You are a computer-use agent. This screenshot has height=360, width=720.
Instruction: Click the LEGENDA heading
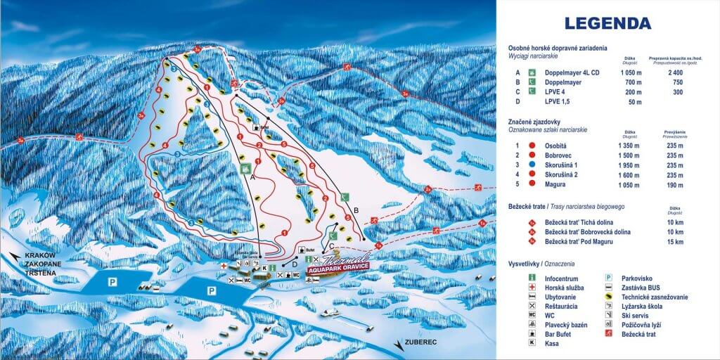[608, 22]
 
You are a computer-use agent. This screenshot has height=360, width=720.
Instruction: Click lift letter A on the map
[251, 178]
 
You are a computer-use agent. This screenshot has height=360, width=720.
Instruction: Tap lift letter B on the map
[356, 210]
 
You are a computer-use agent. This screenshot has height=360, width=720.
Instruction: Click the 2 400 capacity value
[676, 72]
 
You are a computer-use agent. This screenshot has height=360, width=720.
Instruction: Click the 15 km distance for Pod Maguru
[675, 242]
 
